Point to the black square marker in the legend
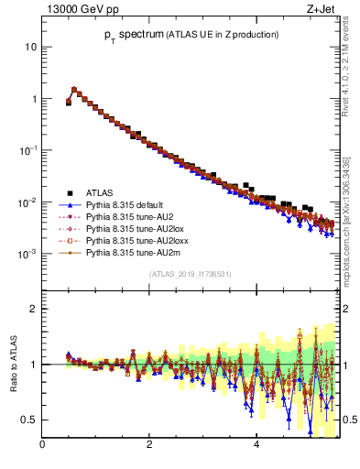66,192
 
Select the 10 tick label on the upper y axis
31,47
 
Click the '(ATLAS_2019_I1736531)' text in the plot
189,274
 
